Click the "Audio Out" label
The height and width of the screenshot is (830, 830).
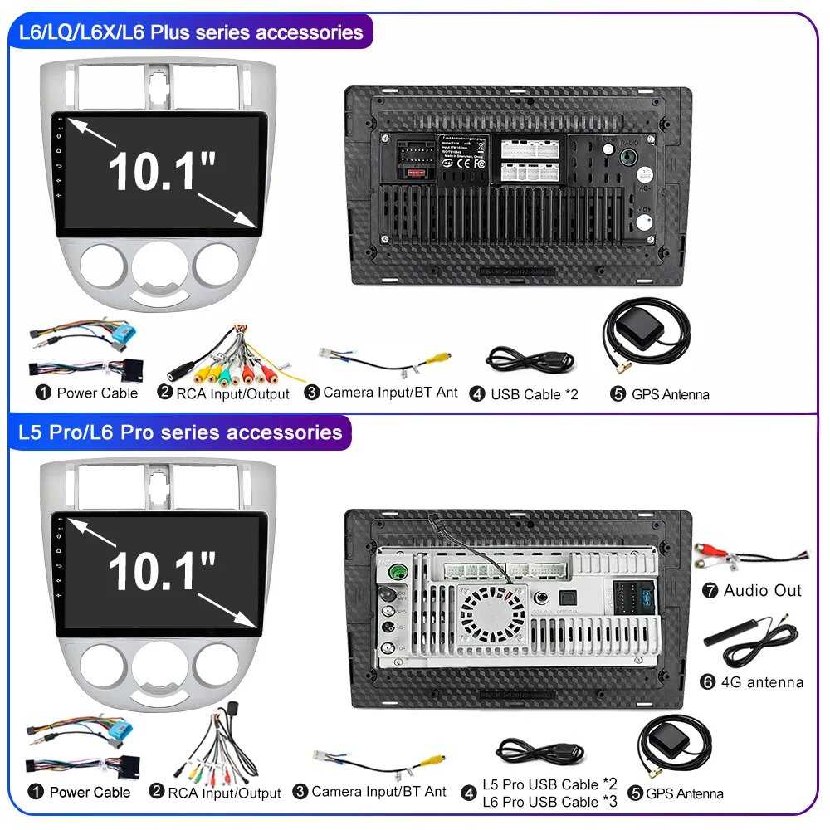tap(762, 591)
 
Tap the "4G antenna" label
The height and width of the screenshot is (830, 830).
tap(763, 682)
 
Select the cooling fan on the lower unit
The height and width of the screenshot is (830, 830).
tap(493, 614)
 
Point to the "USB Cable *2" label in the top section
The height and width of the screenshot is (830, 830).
tap(534, 394)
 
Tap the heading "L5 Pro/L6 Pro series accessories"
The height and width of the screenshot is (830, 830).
tap(180, 432)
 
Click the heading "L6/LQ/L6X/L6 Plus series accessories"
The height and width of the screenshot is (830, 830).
tap(191, 32)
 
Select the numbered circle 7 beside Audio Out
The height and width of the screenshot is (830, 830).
tap(710, 591)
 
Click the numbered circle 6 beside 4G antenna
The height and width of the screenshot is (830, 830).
tap(708, 682)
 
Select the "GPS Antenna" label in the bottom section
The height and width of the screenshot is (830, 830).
tap(684, 793)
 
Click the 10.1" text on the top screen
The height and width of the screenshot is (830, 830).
tap(162, 170)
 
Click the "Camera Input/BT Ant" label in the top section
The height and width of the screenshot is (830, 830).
tap(389, 392)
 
